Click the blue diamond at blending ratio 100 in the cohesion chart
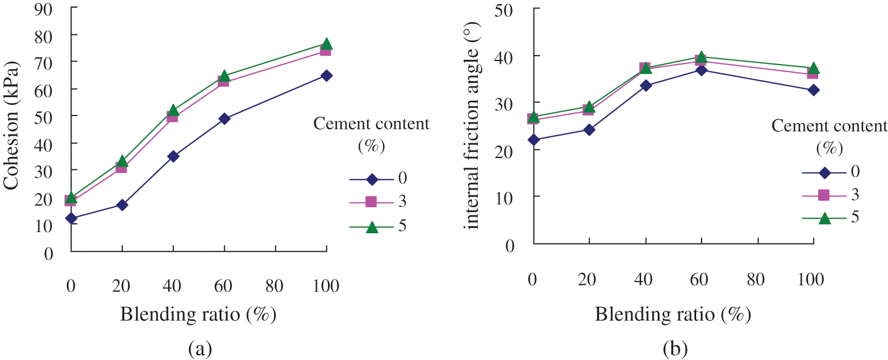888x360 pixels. coord(326,76)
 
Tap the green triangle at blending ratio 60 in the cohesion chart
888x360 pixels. coord(224,76)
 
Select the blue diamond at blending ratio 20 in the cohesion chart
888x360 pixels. coord(122,205)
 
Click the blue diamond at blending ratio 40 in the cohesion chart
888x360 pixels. coord(173,156)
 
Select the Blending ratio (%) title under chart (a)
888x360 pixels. coord(198,314)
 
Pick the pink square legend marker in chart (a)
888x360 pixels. coord(371,202)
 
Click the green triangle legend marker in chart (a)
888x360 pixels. coord(371,227)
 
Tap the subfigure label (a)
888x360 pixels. coord(199,349)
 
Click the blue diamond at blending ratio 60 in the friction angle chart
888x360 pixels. coord(701,70)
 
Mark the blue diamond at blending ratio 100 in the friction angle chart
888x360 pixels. coord(813,90)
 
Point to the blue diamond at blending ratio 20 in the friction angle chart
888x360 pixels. coord(589,130)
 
